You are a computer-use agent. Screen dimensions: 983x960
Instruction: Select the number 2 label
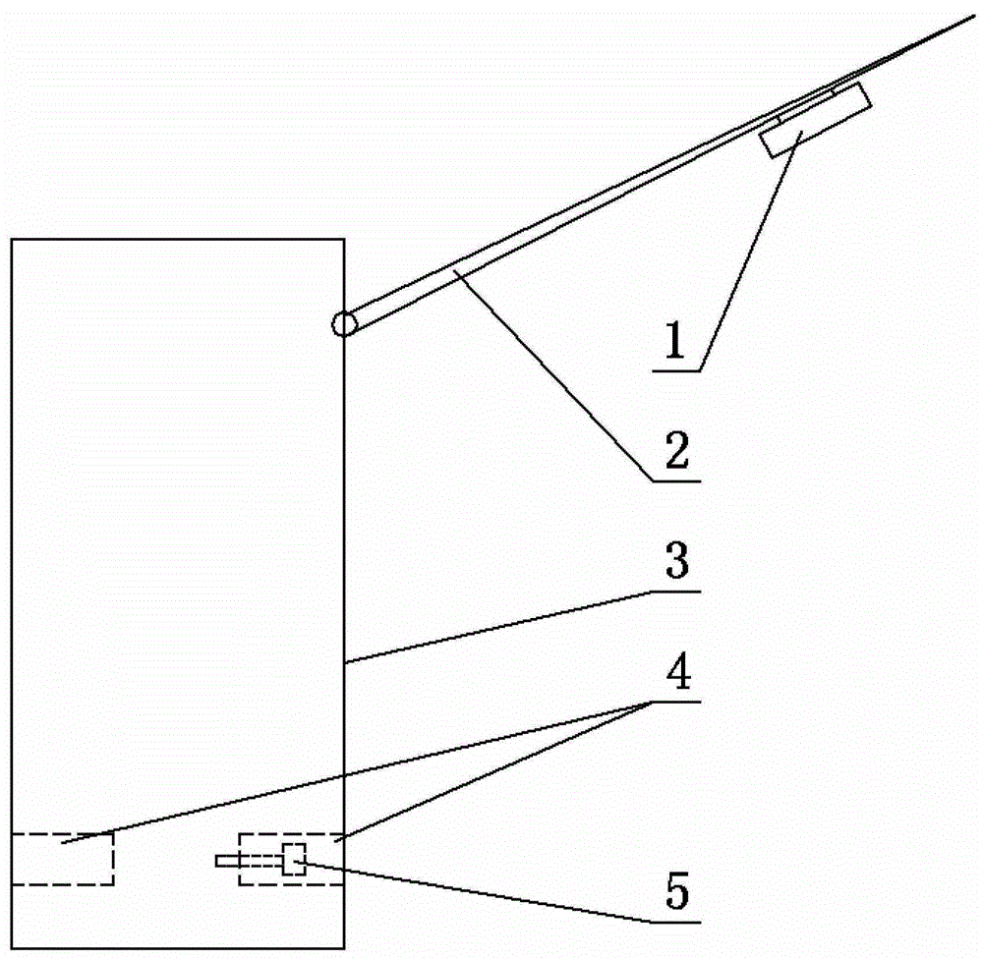pos(677,457)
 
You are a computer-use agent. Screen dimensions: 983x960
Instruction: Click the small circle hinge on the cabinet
pos(343,324)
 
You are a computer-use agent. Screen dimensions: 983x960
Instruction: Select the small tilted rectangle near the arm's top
pos(817,120)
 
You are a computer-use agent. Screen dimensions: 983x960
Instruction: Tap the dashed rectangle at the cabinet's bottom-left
pos(62,859)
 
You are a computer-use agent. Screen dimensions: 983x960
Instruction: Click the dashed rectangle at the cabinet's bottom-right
pos(291,859)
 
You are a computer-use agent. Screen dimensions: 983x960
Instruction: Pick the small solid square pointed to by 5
pos(294,859)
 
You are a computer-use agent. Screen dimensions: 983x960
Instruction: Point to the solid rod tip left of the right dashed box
pos(226,862)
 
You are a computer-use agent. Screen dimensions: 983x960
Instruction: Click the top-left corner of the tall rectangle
pos(11,239)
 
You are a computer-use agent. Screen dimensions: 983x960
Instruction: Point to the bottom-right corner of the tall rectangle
pos(344,949)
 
